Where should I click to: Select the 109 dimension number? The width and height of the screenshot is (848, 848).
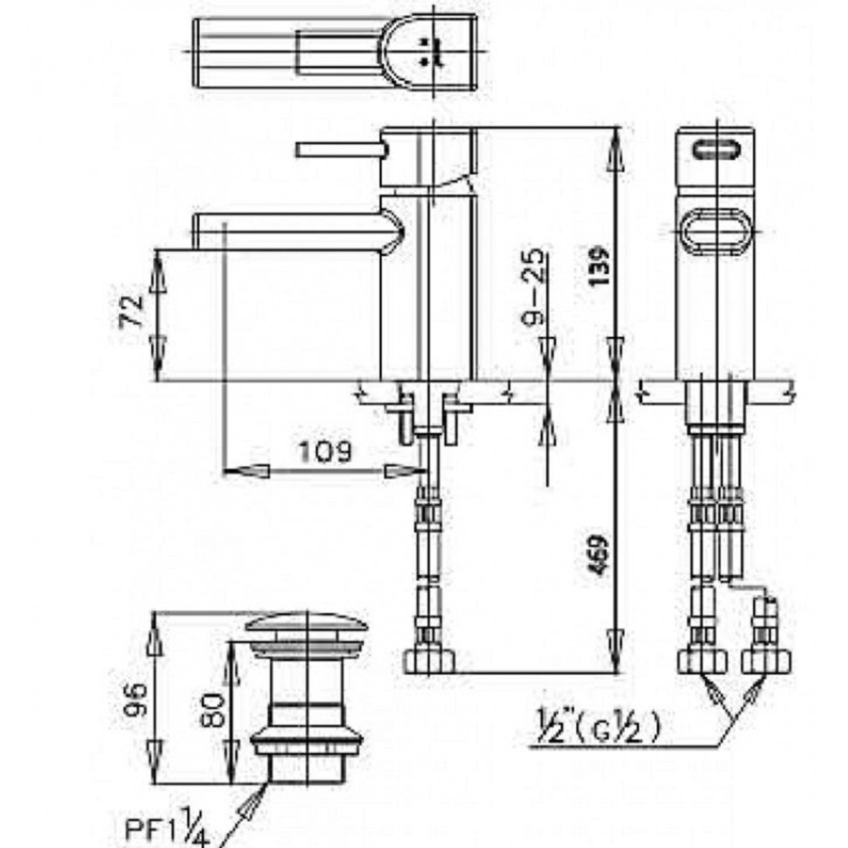(325, 451)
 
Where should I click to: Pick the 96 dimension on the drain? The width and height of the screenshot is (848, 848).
(135, 699)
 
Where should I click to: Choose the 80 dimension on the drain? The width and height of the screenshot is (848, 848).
(212, 710)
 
